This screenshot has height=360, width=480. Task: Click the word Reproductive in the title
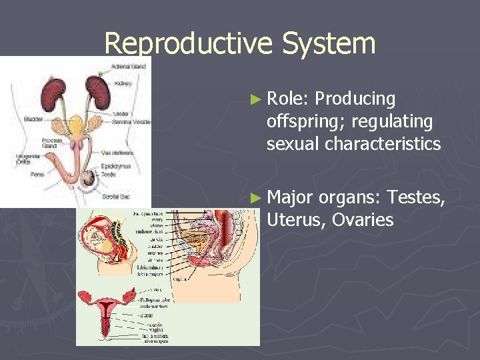point(188,45)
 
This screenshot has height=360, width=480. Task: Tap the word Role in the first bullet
point(285,99)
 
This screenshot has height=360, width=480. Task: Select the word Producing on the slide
point(355,99)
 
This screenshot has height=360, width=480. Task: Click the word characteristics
point(387,144)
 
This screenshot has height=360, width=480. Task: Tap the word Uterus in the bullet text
point(293,220)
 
